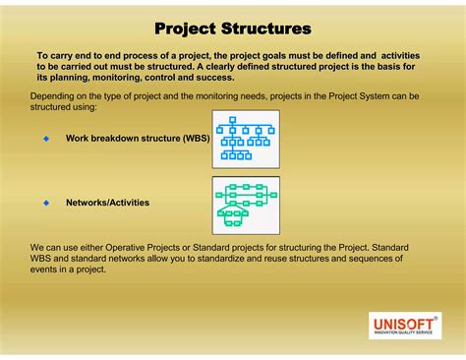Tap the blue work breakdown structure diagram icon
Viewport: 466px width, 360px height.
tap(246, 138)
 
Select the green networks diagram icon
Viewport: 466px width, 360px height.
tap(246, 205)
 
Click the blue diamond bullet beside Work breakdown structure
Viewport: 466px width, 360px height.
tap(45, 139)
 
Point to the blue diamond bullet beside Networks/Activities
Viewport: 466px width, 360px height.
tap(45, 203)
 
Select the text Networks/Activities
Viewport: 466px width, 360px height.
tap(107, 203)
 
